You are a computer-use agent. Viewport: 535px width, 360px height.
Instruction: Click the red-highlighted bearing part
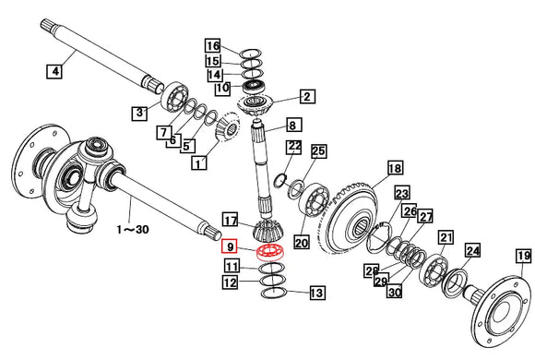[270, 253]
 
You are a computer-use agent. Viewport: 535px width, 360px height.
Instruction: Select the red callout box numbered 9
[230, 246]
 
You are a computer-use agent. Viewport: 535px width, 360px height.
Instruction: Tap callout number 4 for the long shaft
[54, 71]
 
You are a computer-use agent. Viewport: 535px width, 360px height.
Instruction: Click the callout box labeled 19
[524, 256]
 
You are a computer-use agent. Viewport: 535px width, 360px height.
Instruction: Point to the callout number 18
[395, 168]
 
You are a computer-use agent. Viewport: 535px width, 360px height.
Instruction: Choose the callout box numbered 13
[317, 293]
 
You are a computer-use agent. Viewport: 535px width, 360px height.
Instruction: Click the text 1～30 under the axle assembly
[133, 229]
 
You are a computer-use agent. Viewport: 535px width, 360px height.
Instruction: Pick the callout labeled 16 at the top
[212, 46]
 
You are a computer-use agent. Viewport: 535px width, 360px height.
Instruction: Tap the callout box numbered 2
[307, 97]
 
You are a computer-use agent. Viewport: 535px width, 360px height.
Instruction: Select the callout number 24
[473, 251]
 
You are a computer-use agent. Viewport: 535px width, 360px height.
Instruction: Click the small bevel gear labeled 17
[267, 231]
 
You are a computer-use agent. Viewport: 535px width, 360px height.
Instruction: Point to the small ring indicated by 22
[280, 180]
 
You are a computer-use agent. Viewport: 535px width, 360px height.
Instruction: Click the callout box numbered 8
[292, 125]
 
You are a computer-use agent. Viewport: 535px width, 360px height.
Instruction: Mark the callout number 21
[446, 237]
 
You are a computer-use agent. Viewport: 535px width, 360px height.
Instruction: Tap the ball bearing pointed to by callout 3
[174, 97]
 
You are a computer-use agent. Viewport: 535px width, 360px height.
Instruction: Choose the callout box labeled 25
[318, 151]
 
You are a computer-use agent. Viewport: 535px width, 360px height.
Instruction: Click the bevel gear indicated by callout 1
[227, 126]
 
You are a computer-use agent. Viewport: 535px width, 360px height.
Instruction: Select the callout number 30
[394, 293]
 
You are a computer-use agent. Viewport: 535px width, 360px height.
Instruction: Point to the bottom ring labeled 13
[274, 293]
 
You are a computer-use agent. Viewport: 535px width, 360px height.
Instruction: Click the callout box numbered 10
[222, 88]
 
